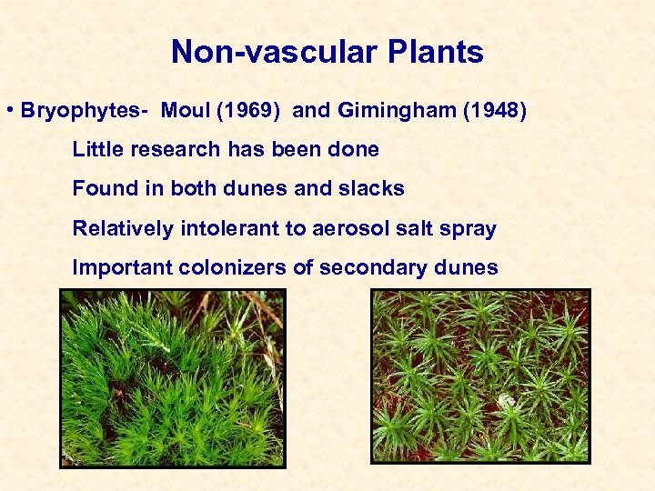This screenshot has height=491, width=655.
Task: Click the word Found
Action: (100, 189)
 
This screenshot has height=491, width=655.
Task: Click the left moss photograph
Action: (173, 377)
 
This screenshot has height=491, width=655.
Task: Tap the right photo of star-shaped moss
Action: (480, 376)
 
